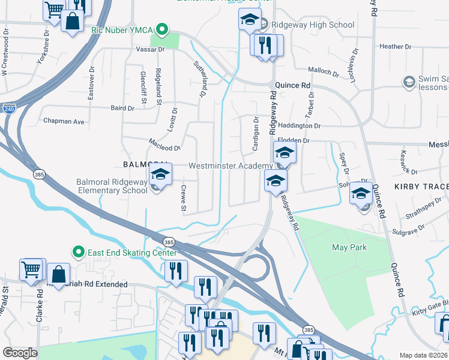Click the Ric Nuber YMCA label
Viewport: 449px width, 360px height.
coord(122,29)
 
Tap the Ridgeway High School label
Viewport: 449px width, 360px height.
coord(312,25)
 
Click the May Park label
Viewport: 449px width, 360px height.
coord(349,247)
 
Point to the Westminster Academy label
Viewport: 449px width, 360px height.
coord(231,166)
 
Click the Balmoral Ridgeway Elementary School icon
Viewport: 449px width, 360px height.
coord(160,176)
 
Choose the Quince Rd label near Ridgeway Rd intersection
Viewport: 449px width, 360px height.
coord(292,85)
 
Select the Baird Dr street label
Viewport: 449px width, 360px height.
coord(122,108)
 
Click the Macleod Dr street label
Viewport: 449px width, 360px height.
coord(164,148)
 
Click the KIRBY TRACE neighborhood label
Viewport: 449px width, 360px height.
coord(421,187)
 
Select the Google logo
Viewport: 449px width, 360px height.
coord(20,352)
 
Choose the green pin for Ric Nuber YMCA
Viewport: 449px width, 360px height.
coord(161,29)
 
